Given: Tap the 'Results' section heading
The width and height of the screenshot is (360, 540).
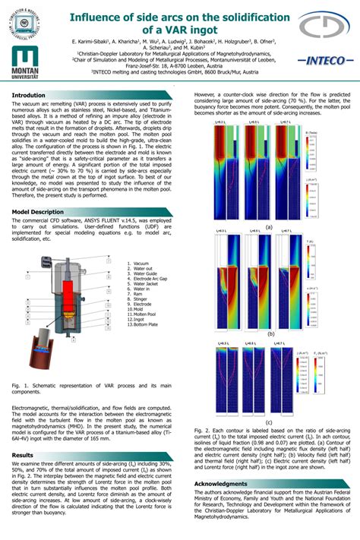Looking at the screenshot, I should (x=23, y=454).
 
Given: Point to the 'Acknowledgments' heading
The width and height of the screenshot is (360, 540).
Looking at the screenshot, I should (x=221, y=483).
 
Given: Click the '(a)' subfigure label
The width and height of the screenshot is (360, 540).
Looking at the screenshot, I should (x=268, y=227).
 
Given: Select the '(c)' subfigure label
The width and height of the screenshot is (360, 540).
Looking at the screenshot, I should (x=269, y=422).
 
